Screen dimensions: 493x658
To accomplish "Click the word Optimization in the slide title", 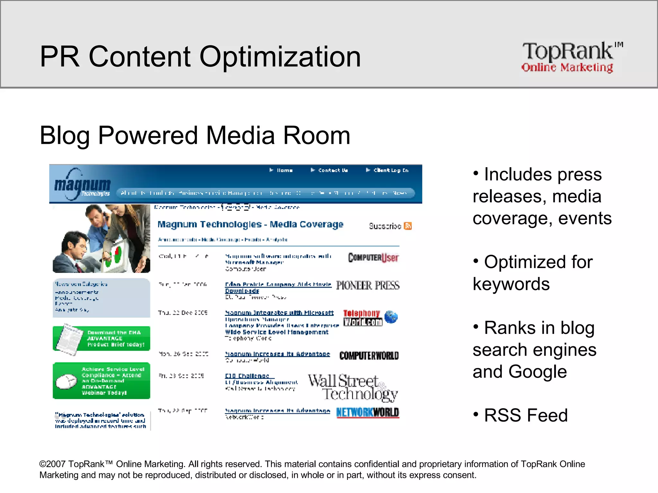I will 280,57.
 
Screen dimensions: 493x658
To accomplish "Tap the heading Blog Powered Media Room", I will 195,135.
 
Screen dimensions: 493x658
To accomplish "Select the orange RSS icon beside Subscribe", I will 408,226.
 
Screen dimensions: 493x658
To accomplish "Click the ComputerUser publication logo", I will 373,258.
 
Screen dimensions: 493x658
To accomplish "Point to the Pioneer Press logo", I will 368,285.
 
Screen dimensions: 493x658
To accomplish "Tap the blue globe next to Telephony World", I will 391,317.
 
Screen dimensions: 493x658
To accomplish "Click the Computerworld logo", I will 369,355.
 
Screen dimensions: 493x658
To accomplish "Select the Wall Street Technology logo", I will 353,387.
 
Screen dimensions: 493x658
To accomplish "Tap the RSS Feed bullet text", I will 526,415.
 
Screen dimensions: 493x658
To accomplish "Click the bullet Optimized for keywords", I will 533,273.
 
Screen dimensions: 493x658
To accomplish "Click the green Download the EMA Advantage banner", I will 102,339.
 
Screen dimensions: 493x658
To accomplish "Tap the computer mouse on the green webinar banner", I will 67,381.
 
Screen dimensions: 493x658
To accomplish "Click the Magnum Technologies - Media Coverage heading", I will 250,224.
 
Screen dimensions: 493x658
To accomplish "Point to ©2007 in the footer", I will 53,464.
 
